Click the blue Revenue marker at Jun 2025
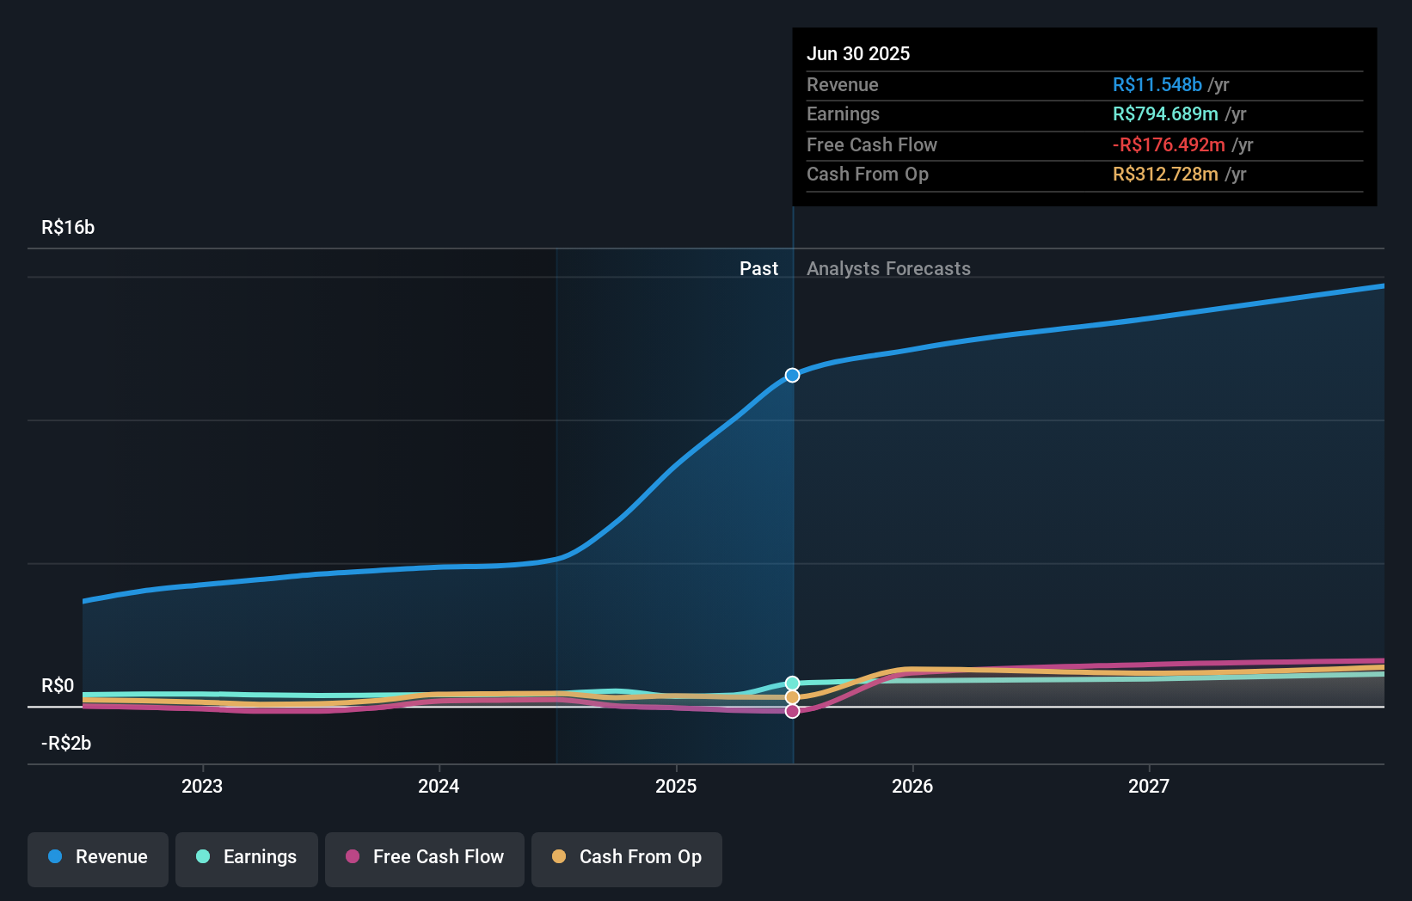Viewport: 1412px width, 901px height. tap(792, 375)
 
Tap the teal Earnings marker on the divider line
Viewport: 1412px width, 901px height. tap(792, 683)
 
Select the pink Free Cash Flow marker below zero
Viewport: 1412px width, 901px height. tap(792, 711)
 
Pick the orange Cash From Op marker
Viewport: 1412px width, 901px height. tap(792, 697)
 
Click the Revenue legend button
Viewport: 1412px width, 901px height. tap(98, 857)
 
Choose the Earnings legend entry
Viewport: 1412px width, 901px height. tap(247, 857)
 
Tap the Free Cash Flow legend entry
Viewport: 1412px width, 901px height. tap(425, 857)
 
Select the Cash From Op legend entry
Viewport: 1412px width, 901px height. tap(627, 857)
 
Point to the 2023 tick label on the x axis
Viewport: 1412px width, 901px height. tap(202, 786)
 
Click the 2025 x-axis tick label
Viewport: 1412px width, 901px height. tap(676, 786)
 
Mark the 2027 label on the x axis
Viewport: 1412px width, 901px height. tap(1149, 786)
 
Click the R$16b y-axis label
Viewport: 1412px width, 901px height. tap(68, 228)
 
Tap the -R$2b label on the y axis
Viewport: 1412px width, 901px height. tap(66, 744)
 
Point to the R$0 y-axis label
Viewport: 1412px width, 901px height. tap(58, 686)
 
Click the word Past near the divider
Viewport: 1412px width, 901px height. tap(758, 269)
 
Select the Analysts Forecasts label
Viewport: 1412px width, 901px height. tap(888, 269)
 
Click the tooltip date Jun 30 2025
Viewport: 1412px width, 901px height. tap(857, 53)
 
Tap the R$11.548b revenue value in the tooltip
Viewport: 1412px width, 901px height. tap(1157, 84)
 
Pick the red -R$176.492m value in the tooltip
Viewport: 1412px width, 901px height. tap(1169, 144)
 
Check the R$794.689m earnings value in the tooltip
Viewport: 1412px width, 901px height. tap(1165, 113)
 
